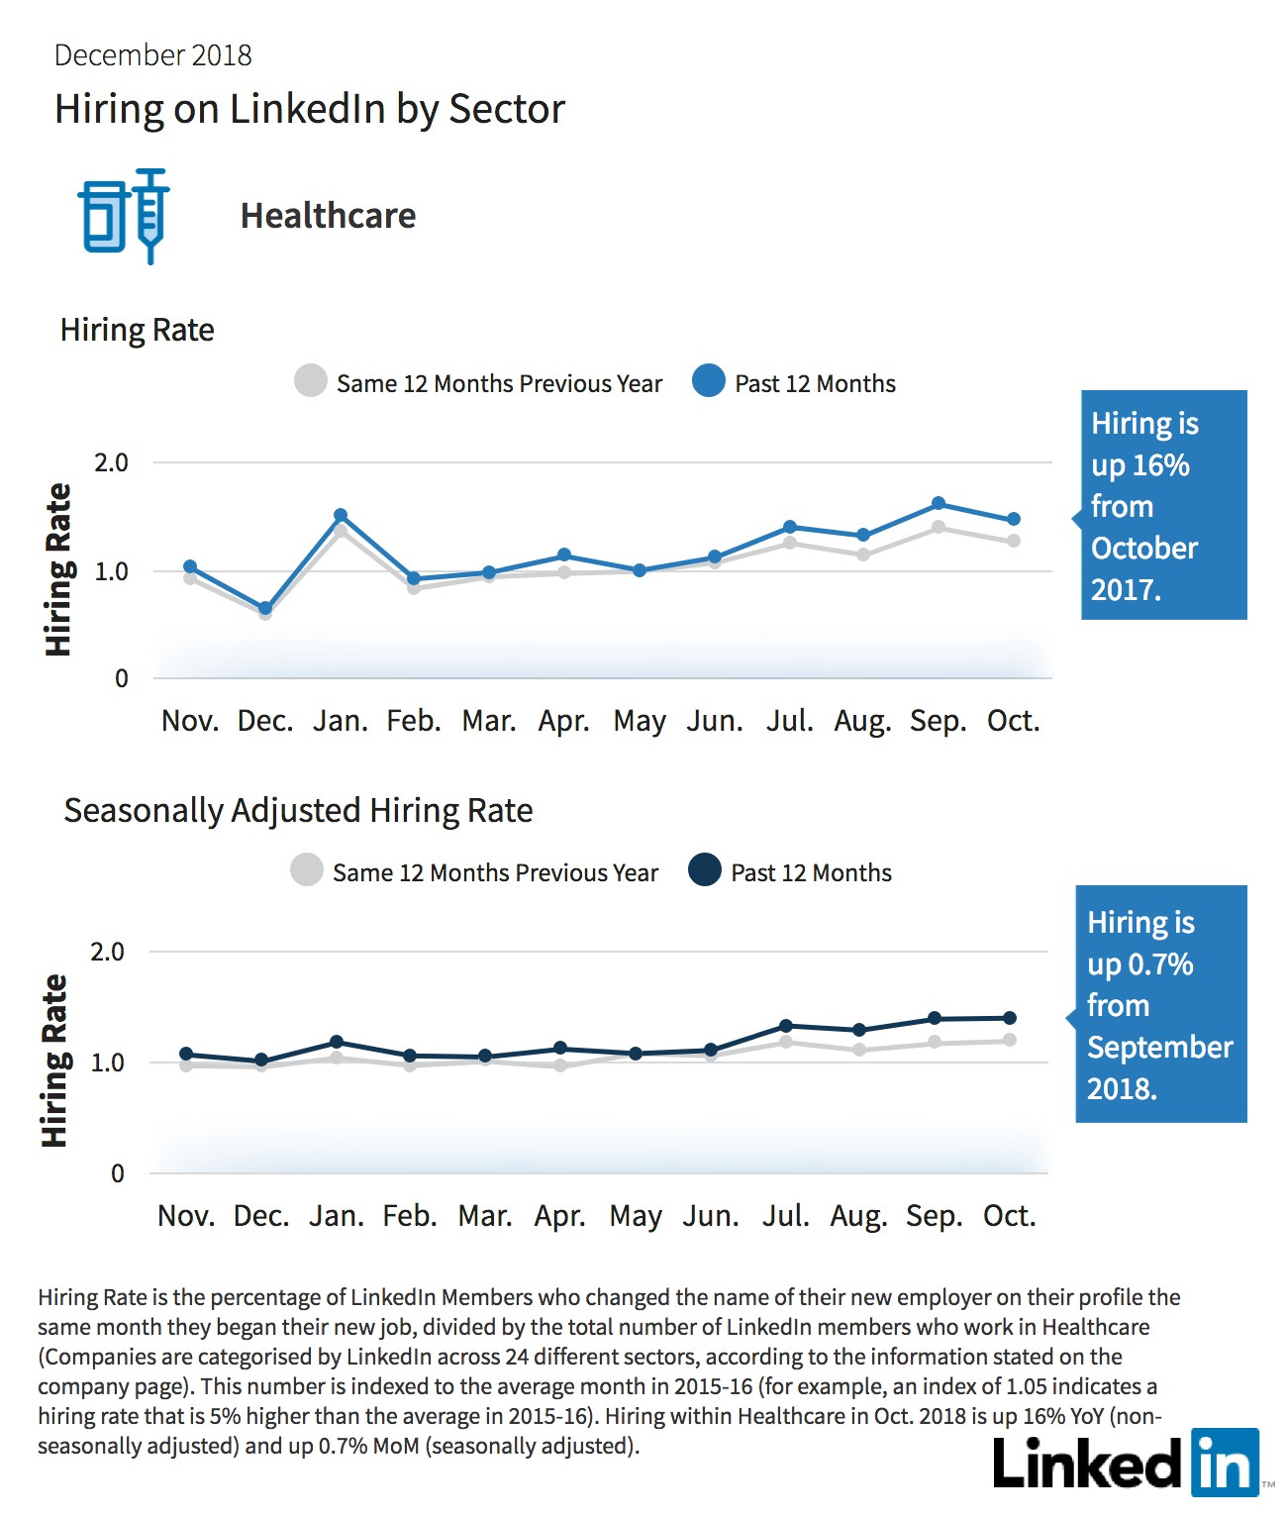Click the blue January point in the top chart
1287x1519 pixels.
(x=341, y=515)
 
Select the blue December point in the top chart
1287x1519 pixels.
(x=265, y=608)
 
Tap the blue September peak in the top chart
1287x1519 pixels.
(x=939, y=503)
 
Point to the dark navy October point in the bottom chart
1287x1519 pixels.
(x=1010, y=1018)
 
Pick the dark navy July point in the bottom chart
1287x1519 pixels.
(x=785, y=1025)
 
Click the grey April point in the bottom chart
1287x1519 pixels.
(x=560, y=1064)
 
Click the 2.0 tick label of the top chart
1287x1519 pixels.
(x=111, y=463)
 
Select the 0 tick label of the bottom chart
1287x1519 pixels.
(x=118, y=1173)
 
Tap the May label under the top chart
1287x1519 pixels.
(x=640, y=722)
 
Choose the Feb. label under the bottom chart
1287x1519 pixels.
(x=410, y=1216)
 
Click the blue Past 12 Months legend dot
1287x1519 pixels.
(x=709, y=380)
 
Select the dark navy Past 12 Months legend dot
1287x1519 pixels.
(x=705, y=869)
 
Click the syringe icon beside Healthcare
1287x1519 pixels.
(x=150, y=216)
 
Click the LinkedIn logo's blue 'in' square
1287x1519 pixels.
(x=1225, y=1463)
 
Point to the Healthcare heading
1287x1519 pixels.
(x=328, y=216)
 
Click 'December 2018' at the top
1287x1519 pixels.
(x=152, y=55)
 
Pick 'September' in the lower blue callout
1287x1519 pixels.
(x=1160, y=1048)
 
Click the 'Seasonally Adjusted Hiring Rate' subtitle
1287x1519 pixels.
(x=298, y=811)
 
